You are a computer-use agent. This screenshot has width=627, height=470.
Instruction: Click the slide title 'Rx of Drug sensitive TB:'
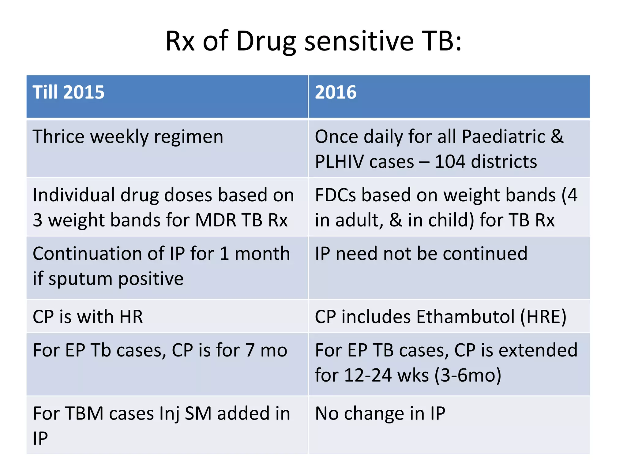click(x=313, y=41)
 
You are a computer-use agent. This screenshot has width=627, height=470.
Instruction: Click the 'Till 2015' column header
click(x=69, y=92)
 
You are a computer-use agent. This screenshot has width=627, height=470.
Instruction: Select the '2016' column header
click(x=336, y=92)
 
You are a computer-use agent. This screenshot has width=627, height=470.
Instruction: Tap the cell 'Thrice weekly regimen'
click(x=128, y=137)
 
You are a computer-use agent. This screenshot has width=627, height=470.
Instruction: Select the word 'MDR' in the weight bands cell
click(x=216, y=220)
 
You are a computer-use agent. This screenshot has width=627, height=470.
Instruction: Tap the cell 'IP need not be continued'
click(x=421, y=254)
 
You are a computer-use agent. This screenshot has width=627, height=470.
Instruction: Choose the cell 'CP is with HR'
click(x=88, y=317)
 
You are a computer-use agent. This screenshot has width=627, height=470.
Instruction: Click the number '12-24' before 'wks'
click(x=368, y=375)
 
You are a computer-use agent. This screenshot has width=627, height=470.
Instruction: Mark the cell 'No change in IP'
click(x=380, y=413)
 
